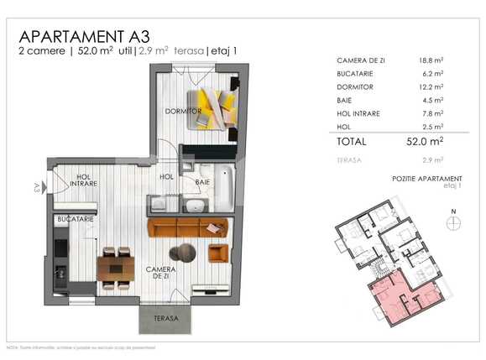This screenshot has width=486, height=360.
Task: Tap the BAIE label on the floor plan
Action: pyautogui.click(x=202, y=181)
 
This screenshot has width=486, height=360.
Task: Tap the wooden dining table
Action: pyautogui.click(x=116, y=268)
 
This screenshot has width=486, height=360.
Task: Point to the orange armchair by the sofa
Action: pyautogui.click(x=217, y=253)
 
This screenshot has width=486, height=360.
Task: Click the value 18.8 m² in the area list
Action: pyautogui.click(x=431, y=61)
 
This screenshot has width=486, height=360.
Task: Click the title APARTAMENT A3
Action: pyautogui.click(x=85, y=36)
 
